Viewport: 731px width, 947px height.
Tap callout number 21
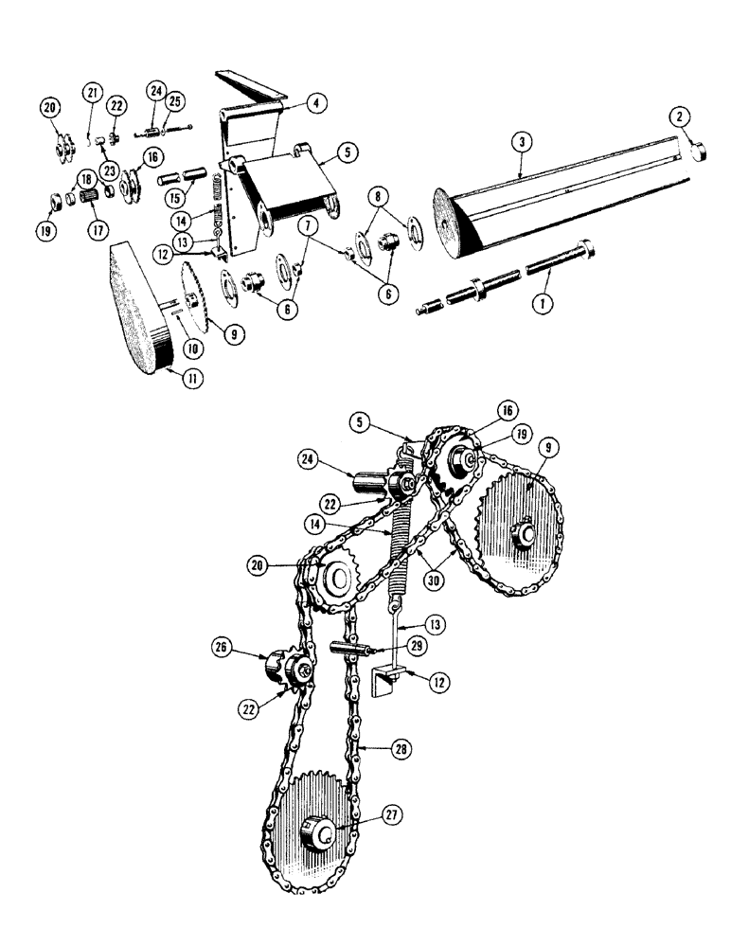91,92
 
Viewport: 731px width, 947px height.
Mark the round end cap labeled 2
700,151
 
